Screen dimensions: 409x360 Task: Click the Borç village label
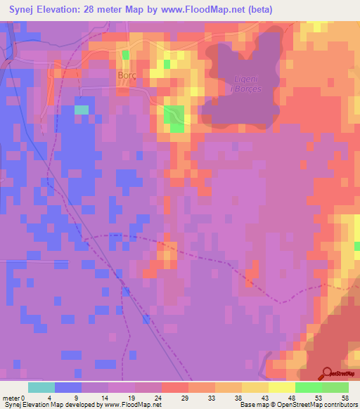point(127,76)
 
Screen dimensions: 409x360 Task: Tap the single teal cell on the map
point(82,110)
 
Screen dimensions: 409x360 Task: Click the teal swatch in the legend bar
point(41,387)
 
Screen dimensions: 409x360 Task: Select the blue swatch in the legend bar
point(68,387)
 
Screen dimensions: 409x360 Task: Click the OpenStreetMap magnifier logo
point(328,373)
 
